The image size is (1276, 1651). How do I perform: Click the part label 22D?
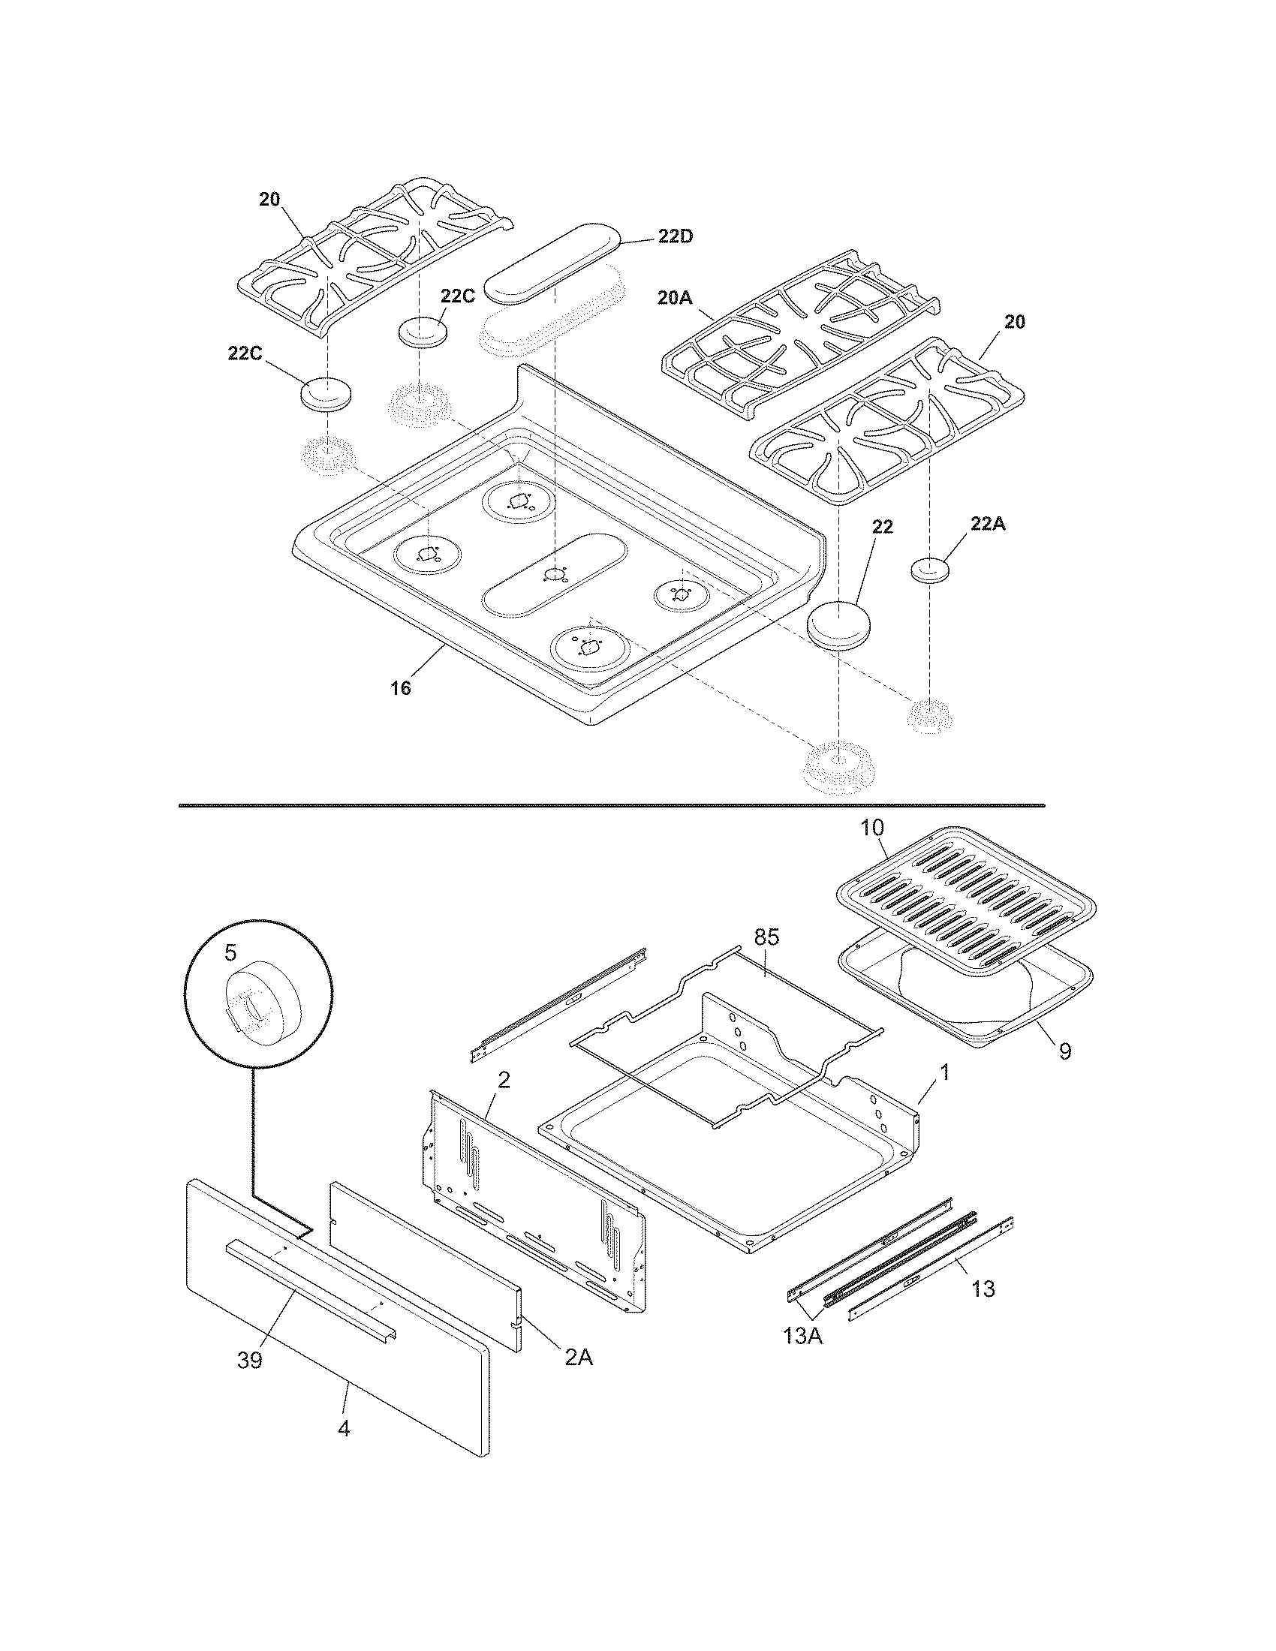coord(674,236)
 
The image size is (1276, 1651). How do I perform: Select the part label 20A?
coord(674,298)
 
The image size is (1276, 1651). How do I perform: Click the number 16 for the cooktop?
coord(401,688)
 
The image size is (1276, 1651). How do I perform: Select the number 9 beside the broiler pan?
coord(1064,1051)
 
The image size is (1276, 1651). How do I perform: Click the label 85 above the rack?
coord(766,937)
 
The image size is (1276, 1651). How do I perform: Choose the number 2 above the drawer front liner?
coord(504,1079)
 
